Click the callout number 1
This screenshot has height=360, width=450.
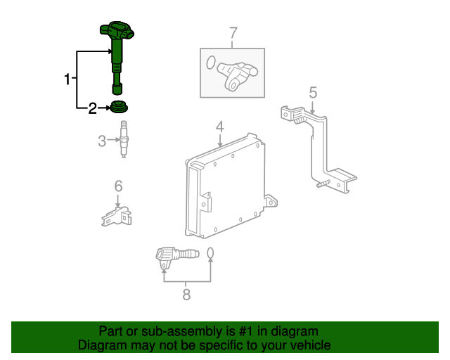point(67,79)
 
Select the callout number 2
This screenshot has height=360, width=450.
point(92,108)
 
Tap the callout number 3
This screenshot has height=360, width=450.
point(102,141)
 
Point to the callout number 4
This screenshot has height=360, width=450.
point(219,127)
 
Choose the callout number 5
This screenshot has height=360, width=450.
point(313,93)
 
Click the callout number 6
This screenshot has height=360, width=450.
point(118,186)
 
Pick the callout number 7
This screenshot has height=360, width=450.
point(233,33)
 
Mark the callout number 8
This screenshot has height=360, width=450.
point(186,295)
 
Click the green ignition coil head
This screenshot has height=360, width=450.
point(117,31)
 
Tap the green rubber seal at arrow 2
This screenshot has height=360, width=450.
point(119,106)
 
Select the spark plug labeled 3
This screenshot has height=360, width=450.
point(124,139)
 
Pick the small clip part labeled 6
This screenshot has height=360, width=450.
point(117,216)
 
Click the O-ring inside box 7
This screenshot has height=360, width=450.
point(211,63)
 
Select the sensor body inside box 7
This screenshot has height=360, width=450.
point(237,76)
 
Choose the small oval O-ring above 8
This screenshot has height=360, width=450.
point(210,253)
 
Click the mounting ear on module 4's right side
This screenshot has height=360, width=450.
point(271,201)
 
